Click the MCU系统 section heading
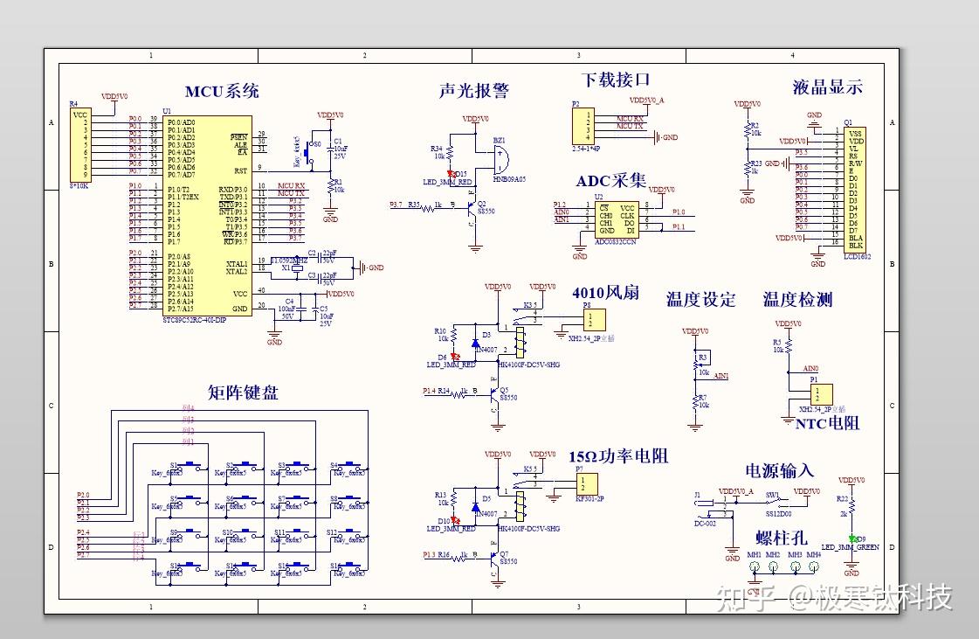tap(222, 92)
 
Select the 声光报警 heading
tap(473, 91)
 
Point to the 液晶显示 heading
tap(827, 87)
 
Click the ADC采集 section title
tap(611, 181)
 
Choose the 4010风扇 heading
tap(605, 292)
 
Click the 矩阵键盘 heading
tap(243, 392)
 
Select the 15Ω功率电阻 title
tap(618, 455)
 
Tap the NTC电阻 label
tap(827, 423)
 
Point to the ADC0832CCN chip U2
tap(616, 219)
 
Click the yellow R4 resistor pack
tap(80, 143)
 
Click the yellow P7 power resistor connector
tap(586, 483)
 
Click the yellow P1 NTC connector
tap(820, 394)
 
